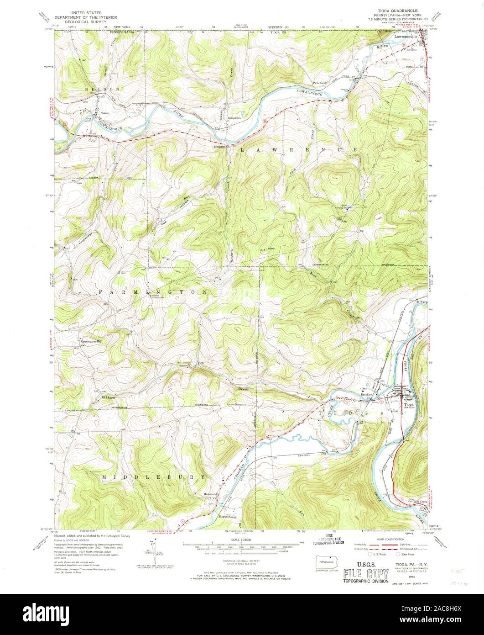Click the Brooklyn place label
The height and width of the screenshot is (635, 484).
pos(367,394)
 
